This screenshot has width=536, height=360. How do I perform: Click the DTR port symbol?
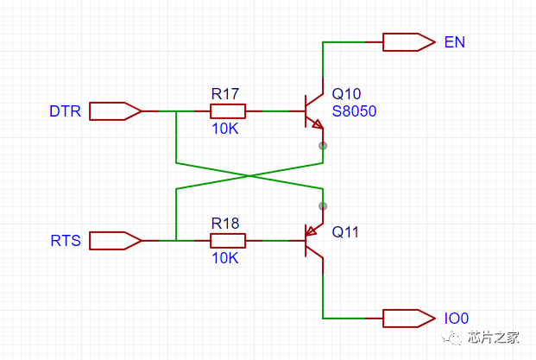click(115, 111)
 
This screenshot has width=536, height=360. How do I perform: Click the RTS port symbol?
click(115, 240)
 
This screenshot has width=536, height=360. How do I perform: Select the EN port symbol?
click(407, 41)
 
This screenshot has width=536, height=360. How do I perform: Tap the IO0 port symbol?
click(407, 318)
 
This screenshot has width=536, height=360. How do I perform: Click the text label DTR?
click(65, 111)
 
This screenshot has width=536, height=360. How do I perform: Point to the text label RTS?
click(65, 241)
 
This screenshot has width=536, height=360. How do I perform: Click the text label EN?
click(454, 41)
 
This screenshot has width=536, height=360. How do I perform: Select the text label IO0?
click(457, 319)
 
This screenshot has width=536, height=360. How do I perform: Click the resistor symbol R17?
click(228, 111)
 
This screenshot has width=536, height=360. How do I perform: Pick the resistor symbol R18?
click(228, 240)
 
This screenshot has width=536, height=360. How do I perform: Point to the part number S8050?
click(355, 111)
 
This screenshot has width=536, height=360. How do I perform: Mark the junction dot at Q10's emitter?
click(323, 145)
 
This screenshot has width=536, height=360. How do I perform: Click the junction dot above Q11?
click(323, 205)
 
